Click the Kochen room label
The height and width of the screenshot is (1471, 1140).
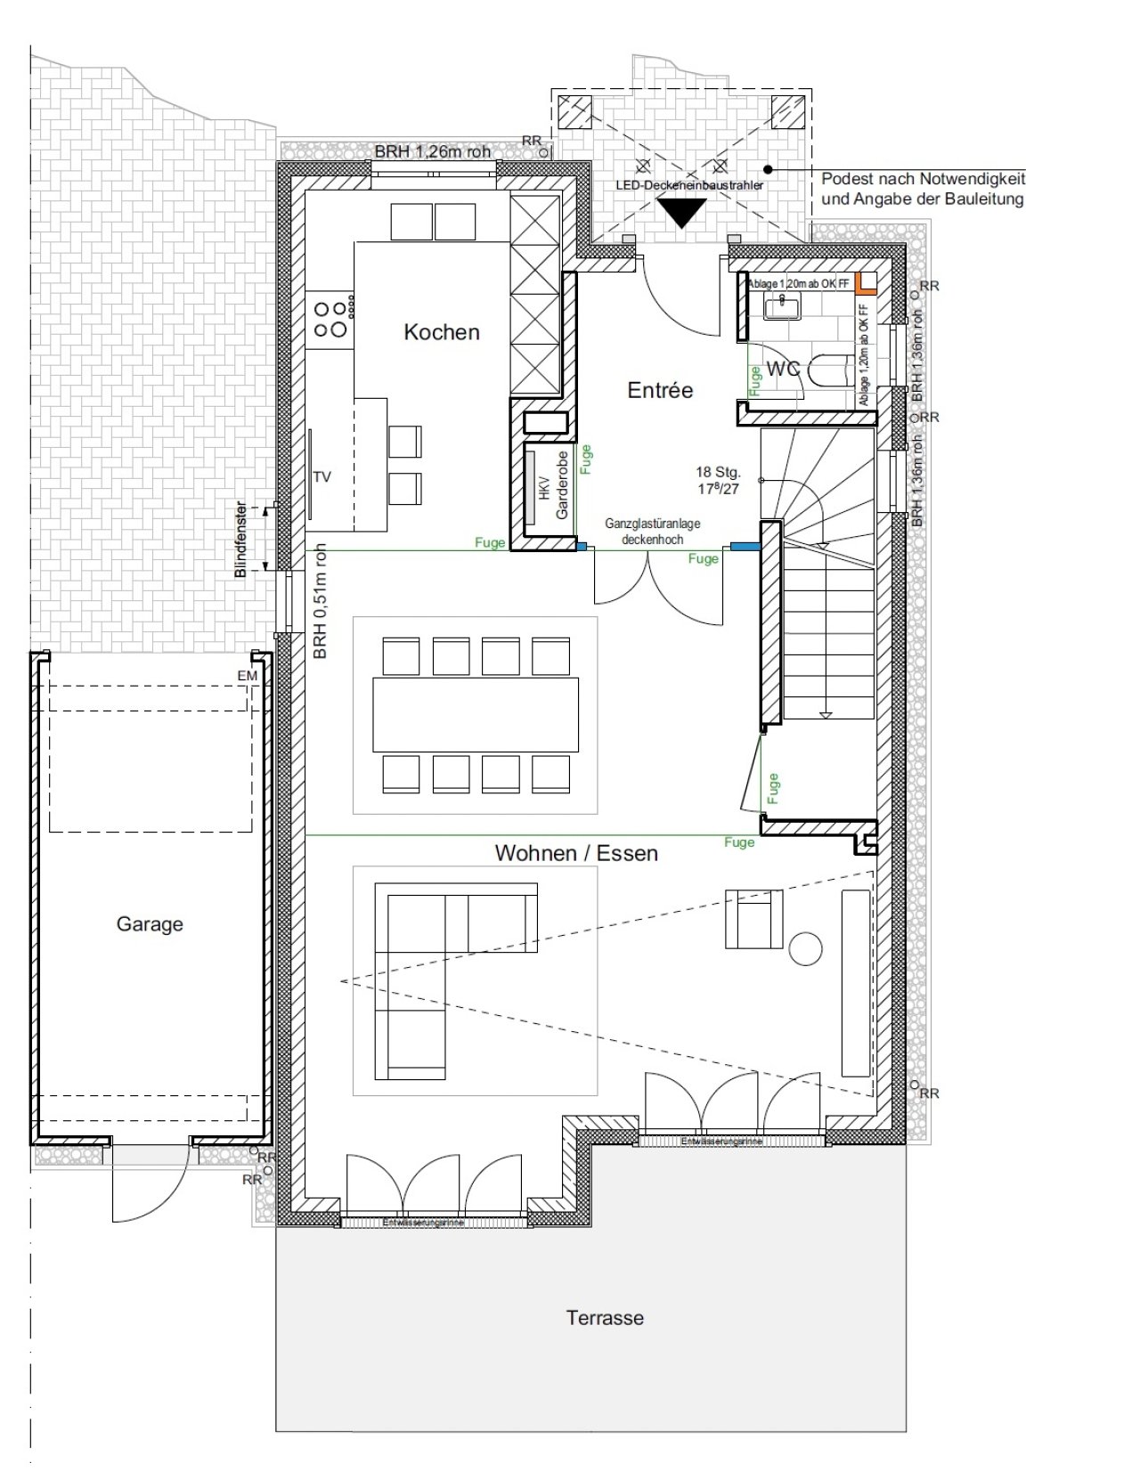[441, 332]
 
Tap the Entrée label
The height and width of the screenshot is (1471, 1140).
[659, 390]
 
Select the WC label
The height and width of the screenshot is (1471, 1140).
[783, 368]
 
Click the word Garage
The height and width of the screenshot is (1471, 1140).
[150, 924]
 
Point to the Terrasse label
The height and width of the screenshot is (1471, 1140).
[605, 1318]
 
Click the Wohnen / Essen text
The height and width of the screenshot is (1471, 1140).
[576, 853]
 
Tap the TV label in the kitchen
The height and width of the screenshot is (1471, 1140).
[322, 477]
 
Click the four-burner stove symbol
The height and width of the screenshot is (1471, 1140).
[330, 319]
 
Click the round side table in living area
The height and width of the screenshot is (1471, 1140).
[806, 947]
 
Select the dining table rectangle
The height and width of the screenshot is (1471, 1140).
[475, 714]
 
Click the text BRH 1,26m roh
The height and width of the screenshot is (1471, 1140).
[432, 151]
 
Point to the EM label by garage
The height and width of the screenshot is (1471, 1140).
[248, 676]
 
